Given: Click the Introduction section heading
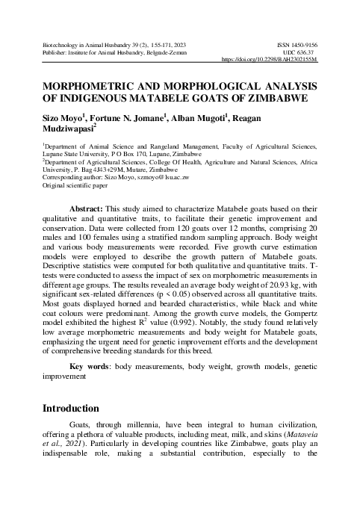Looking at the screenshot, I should (70, 409).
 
